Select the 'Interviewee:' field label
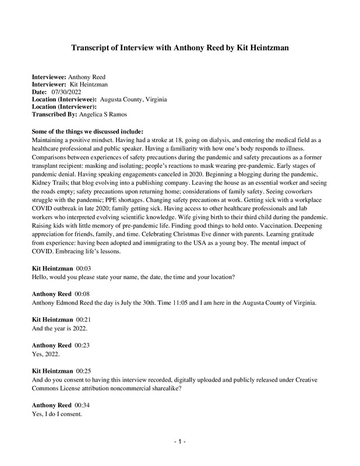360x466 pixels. tap(49, 77)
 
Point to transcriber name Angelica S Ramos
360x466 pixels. tap(107, 115)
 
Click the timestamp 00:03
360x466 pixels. tap(85, 267)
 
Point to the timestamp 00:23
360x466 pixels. tap(82, 345)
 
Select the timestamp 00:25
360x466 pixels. tap(85, 370)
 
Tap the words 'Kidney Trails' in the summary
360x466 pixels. tap(51, 176)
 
